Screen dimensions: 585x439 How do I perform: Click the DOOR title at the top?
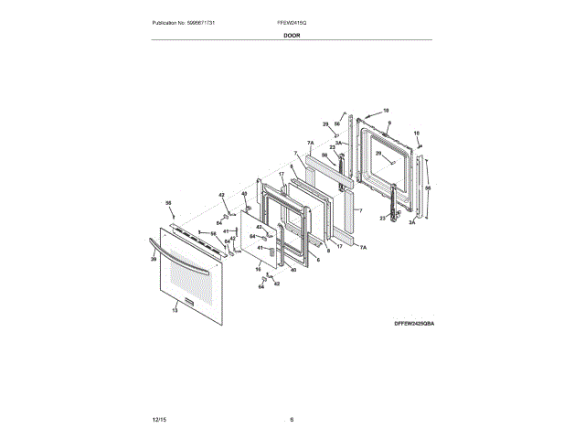292,35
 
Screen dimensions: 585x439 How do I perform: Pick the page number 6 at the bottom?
292,419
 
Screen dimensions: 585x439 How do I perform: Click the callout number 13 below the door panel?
175,311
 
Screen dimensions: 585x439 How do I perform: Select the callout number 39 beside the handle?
154,260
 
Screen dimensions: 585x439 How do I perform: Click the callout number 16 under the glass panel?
258,269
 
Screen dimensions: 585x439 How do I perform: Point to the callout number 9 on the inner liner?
388,123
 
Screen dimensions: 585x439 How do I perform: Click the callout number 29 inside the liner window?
378,154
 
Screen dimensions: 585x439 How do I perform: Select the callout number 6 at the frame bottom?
317,261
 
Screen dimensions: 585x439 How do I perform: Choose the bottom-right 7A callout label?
362,248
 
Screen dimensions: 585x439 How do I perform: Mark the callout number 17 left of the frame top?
282,175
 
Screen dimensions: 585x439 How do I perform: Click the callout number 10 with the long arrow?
386,110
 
